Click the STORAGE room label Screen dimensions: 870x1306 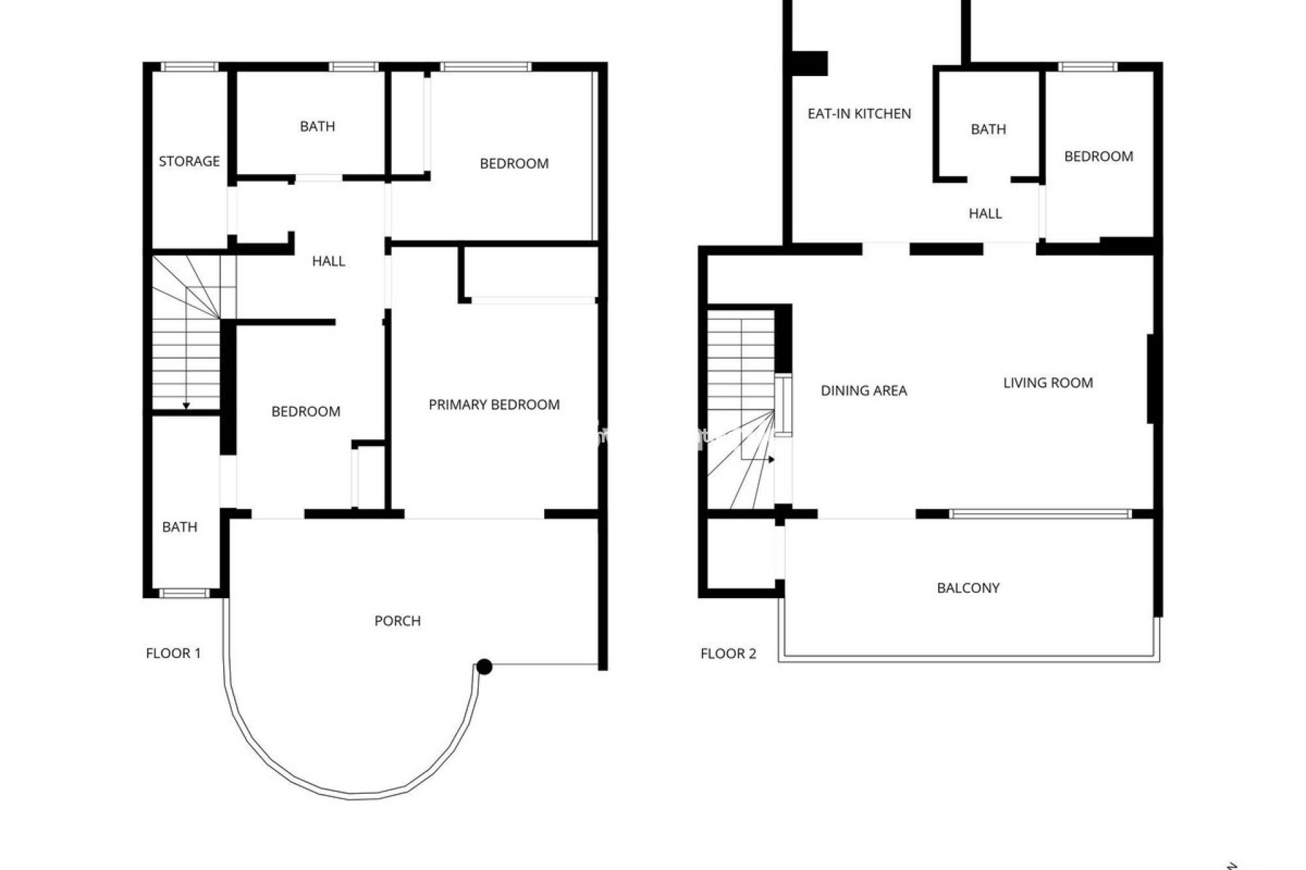(x=189, y=161)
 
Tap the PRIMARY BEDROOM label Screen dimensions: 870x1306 (x=494, y=404)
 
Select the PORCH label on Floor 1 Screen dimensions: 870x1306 (x=397, y=621)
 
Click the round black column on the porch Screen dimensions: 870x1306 (x=484, y=667)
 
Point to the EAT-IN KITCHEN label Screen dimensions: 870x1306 (x=859, y=114)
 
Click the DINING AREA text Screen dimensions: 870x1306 (x=864, y=390)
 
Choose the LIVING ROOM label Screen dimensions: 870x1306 (x=1048, y=383)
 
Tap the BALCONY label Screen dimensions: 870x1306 (x=968, y=588)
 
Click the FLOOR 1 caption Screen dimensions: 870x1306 (x=173, y=653)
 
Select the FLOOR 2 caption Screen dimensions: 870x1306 (x=728, y=654)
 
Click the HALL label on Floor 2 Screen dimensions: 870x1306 (x=985, y=213)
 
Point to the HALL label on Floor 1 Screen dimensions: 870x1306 (x=329, y=261)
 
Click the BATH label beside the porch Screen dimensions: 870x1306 (x=180, y=527)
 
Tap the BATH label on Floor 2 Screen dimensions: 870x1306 (x=988, y=129)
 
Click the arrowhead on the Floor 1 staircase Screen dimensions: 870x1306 (x=186, y=406)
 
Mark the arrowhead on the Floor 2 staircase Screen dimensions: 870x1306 (x=771, y=460)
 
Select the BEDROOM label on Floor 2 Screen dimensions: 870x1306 (x=1098, y=156)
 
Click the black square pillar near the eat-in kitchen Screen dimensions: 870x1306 (x=810, y=63)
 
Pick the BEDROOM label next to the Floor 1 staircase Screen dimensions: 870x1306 (x=305, y=411)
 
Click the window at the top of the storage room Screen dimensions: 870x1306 (x=189, y=67)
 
